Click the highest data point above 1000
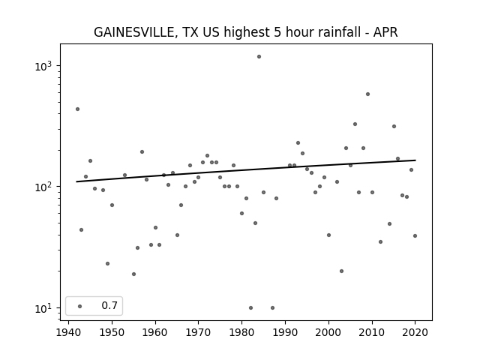pos(259,57)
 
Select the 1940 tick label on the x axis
pos(68,333)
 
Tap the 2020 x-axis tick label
pos(415,333)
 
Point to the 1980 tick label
pos(241,333)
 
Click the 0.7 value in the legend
pos(109,305)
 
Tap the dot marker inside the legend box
pos(80,306)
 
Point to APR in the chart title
pos(385,32)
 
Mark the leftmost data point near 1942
pos(77,109)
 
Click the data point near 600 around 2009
pos(367,94)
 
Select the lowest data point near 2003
pos(342,271)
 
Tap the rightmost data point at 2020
pos(415,236)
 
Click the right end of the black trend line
pos(415,160)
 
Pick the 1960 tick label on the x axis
pos(155,333)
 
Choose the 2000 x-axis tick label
pos(328,333)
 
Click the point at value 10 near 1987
pos(272,308)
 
